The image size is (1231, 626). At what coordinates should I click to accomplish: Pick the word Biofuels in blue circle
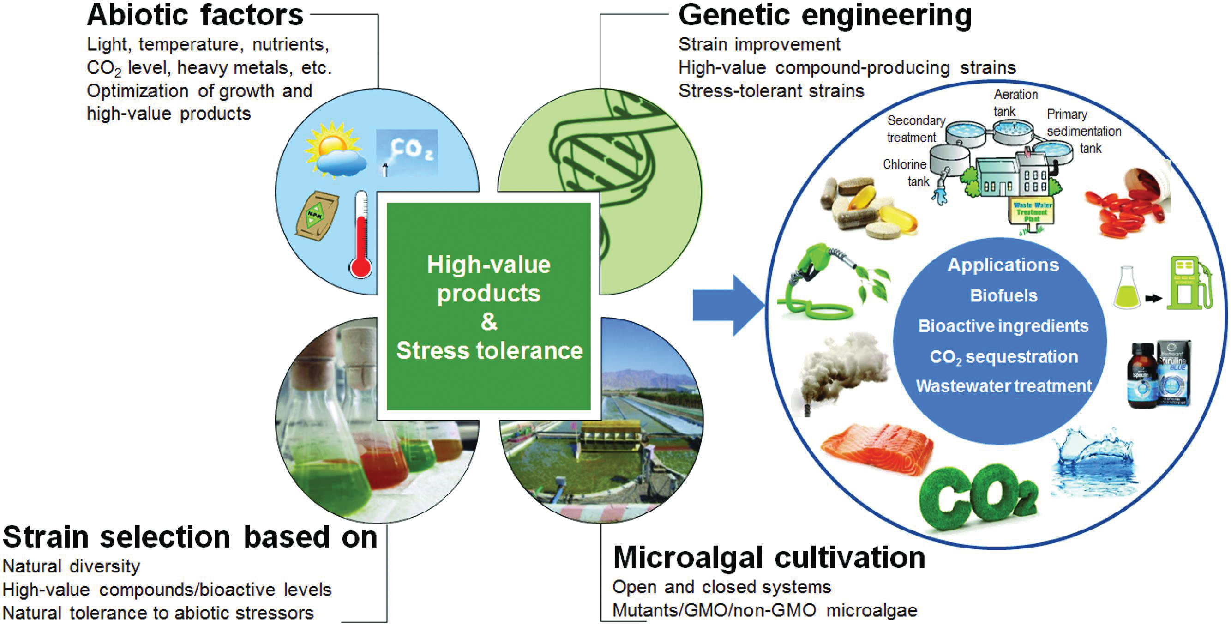click(1003, 296)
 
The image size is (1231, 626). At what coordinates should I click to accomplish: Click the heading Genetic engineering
click(825, 15)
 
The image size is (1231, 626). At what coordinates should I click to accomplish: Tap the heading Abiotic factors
click(195, 15)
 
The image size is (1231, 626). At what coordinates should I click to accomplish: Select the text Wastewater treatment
click(1003, 386)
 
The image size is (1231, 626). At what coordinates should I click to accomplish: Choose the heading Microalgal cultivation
click(769, 558)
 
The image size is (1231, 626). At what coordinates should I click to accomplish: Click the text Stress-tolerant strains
click(771, 91)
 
